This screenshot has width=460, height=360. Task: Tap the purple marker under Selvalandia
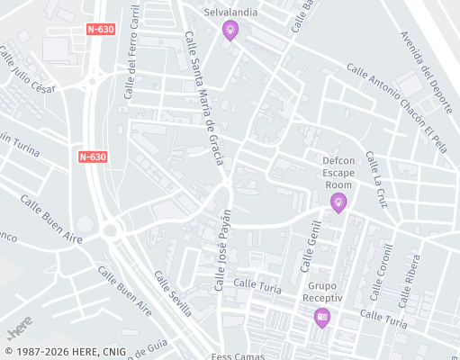[x=231, y=32]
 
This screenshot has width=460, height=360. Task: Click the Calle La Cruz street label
[x=375, y=181]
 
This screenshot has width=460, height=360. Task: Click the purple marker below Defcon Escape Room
[x=338, y=202]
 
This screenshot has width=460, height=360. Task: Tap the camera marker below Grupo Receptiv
[x=321, y=317]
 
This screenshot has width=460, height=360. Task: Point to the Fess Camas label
[x=239, y=355]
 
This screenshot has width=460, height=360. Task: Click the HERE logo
[x=17, y=322]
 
